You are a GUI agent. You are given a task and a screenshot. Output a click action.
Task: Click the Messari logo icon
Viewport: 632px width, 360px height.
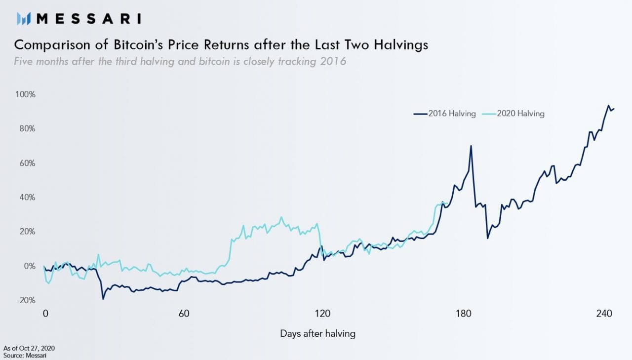(x=23, y=19)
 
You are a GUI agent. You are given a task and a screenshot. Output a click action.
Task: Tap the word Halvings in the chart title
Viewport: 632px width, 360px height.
(x=401, y=45)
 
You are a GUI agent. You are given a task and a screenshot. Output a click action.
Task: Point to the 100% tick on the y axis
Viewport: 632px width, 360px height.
(x=25, y=94)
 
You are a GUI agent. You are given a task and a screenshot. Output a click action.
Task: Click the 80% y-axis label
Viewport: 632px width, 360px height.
(x=27, y=129)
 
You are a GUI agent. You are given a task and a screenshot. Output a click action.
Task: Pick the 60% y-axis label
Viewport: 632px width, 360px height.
(x=27, y=163)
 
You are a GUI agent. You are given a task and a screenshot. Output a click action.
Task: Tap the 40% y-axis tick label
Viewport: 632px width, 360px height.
(x=27, y=198)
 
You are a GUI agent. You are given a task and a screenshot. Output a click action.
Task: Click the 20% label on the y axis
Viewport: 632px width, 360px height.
(x=27, y=232)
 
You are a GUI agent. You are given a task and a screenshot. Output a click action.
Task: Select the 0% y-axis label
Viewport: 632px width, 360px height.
(x=30, y=266)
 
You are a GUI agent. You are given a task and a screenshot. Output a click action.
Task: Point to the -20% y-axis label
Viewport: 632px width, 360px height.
(x=26, y=300)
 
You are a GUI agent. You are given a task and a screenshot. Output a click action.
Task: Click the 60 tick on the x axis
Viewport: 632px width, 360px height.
(x=184, y=314)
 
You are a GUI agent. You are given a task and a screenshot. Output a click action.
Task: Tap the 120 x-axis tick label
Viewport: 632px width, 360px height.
(x=322, y=314)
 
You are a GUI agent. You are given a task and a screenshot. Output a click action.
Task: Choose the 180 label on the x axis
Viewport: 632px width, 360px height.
(x=464, y=314)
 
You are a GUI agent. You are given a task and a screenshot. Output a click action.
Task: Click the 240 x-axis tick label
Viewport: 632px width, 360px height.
(x=604, y=314)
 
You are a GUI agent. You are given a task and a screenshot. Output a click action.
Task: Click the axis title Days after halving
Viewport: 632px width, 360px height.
(x=317, y=334)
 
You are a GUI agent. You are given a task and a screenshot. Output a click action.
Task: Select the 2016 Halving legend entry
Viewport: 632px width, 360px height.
(x=445, y=114)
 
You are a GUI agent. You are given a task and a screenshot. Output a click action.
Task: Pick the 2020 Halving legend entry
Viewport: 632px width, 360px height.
(x=513, y=114)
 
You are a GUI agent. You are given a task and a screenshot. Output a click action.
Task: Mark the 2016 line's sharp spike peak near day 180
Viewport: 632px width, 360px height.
(x=471, y=146)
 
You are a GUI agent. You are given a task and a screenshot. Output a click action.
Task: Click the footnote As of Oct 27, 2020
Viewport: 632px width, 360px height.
(x=29, y=348)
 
